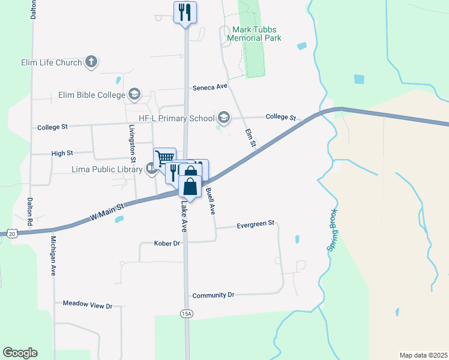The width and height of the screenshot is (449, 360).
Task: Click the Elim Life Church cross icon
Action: click(91, 62)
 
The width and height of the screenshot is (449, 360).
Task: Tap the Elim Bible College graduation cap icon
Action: click(134, 94)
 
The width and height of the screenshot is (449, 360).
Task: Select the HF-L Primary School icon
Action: click(224, 118)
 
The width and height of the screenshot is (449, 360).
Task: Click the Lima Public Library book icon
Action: click(151, 169)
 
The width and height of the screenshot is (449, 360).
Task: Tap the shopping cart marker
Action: click(164, 158)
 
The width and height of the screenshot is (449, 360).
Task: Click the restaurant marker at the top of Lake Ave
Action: click(185, 12)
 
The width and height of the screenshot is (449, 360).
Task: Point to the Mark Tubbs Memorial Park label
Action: click(254, 34)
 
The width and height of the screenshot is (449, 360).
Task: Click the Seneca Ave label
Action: click(210, 87)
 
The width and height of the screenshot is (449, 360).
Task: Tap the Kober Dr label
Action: click(167, 244)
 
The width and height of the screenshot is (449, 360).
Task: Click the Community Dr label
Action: click(213, 295)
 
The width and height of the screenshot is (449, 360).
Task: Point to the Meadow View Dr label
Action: click(88, 305)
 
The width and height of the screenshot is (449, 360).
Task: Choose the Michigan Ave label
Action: click(53, 256)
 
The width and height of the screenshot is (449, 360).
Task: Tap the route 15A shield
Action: click(187, 313)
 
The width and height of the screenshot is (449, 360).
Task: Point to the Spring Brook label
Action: click(334, 230)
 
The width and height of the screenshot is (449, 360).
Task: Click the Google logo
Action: click(20, 353)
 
